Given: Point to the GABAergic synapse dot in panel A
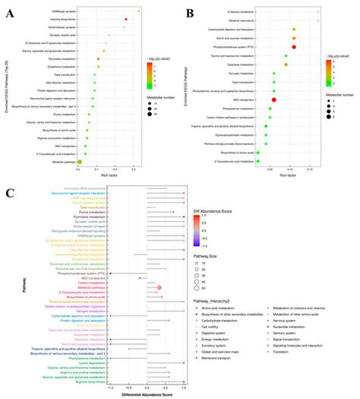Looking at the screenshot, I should click(x=139, y=11).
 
